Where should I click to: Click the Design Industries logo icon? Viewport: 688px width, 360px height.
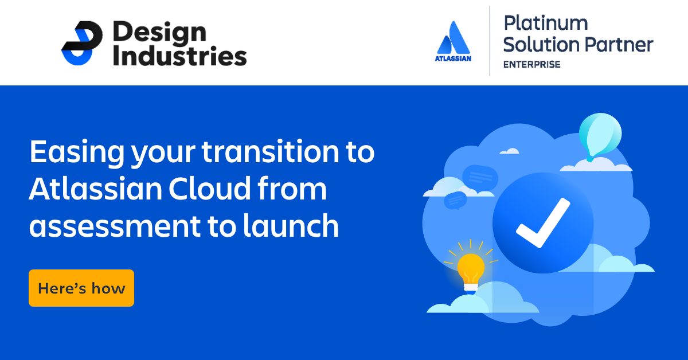pos(82,43)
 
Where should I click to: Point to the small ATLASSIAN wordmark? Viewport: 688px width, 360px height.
pos(453,58)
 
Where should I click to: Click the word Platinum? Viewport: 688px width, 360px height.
pos(546,23)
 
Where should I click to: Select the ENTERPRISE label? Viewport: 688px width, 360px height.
pos(531,65)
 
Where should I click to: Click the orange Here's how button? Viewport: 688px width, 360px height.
pos(81,288)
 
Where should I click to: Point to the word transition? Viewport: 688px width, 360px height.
pos(270,151)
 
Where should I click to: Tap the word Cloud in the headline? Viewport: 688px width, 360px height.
pos(209,188)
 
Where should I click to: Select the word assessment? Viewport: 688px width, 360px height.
pos(115,226)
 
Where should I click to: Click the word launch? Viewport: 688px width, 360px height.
pos(291,225)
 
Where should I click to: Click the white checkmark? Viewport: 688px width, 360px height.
pos(543,222)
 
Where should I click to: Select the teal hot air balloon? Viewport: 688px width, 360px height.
pos(600,136)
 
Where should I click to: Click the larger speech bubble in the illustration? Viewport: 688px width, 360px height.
pos(480,178)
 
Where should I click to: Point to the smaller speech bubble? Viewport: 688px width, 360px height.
pos(455,200)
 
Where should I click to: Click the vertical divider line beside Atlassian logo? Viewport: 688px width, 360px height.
pos(490,41)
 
